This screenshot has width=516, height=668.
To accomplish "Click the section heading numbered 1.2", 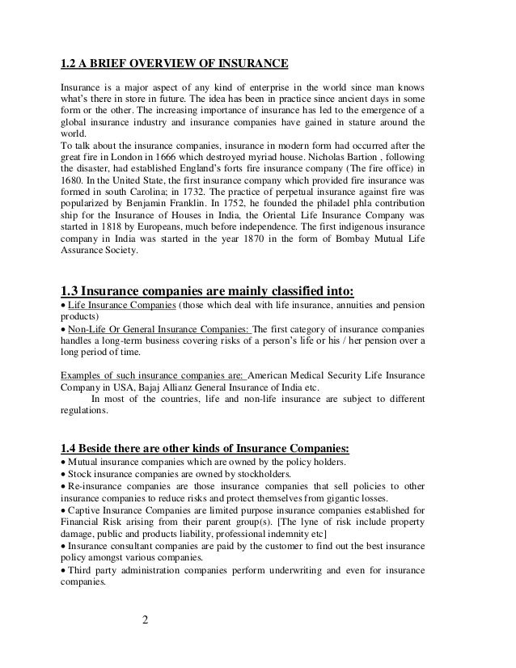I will pos(175,64).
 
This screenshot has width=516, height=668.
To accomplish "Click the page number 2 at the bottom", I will pos(144,623).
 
